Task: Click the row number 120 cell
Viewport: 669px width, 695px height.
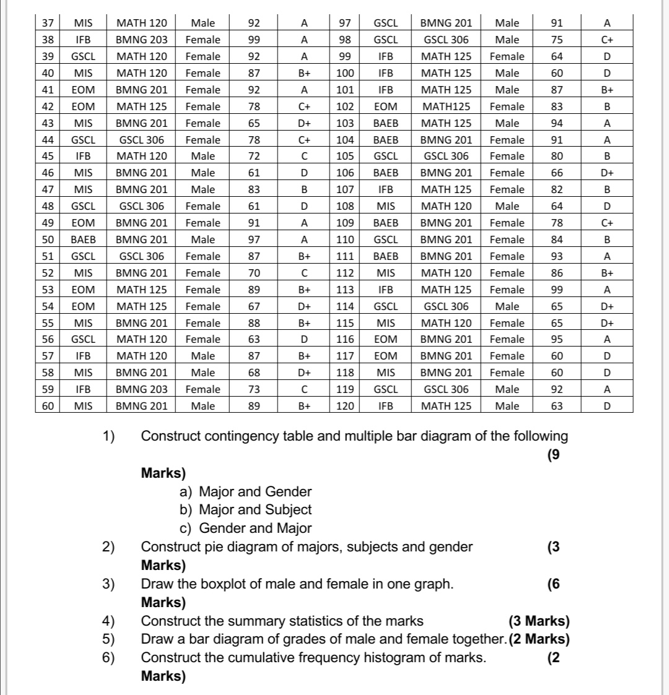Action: [345, 406]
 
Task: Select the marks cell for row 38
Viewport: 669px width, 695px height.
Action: [254, 40]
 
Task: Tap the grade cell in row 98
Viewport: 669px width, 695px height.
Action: [607, 40]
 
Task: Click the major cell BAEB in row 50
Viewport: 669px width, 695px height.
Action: [83, 240]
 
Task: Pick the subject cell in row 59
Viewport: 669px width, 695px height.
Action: [141, 389]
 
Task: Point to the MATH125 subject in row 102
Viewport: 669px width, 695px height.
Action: [446, 106]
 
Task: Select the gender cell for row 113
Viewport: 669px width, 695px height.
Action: [507, 290]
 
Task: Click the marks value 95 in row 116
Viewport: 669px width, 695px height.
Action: [556, 339]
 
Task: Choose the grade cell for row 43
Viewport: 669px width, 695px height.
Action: [304, 123]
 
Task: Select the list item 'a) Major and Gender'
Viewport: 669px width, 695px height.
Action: [245, 492]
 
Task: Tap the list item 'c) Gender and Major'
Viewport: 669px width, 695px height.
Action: [245, 529]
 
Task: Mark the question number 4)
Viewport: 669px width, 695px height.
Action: [109, 621]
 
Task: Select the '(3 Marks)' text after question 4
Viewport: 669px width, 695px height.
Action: [538, 621]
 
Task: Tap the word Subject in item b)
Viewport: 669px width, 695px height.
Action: [288, 510]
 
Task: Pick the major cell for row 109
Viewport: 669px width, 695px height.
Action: [386, 223]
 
